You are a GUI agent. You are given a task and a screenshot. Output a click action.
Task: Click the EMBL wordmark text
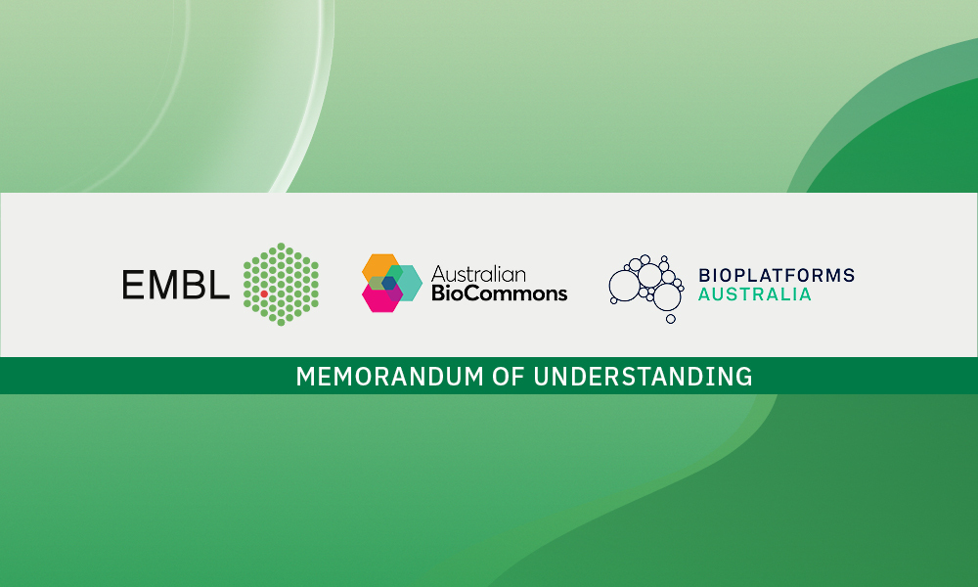176,285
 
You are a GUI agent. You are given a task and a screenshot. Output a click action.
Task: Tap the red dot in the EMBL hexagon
264,293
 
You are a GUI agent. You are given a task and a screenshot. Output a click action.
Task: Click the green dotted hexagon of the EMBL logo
282,285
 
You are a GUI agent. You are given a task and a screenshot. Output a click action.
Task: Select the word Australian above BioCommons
478,274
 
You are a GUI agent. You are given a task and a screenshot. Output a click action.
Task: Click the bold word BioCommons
499,293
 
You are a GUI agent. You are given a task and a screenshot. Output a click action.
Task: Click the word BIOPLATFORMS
777,275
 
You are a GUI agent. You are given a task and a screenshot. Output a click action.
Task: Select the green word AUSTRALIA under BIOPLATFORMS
755,294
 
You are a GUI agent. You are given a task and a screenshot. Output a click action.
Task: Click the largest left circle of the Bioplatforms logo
624,286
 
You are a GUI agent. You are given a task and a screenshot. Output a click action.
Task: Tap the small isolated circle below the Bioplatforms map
671,319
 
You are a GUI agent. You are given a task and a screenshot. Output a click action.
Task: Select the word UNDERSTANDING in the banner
644,377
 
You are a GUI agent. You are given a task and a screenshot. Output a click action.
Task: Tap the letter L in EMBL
218,285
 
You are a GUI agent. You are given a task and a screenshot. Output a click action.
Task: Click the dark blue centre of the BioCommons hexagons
389,283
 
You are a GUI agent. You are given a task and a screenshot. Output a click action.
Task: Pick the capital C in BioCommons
469,293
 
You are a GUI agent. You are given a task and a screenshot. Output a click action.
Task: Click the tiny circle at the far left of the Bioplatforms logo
614,300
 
